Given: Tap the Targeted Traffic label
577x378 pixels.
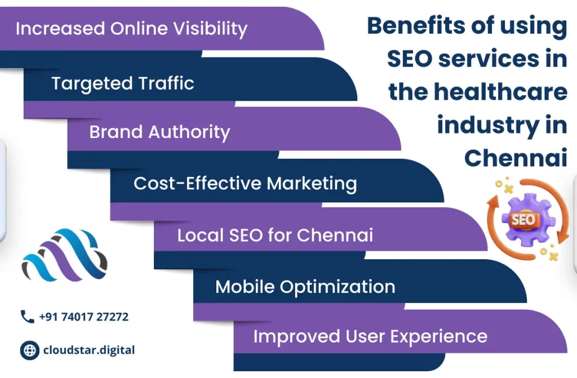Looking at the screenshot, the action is [x=123, y=83].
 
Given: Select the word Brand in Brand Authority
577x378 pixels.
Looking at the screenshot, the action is [x=116, y=132].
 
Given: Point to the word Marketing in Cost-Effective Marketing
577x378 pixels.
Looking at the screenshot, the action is [x=312, y=184].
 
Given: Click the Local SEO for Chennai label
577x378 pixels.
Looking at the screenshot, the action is [x=275, y=235].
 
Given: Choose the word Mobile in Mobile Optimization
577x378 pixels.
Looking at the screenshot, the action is [x=245, y=287].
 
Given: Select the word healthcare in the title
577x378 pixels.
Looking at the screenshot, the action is [x=500, y=92].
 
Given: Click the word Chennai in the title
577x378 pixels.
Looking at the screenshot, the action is [x=516, y=158].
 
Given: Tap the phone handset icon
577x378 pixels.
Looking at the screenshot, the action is [x=27, y=317].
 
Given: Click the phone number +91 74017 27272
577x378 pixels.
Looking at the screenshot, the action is [x=84, y=317].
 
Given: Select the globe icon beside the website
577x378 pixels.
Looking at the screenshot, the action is [x=29, y=350].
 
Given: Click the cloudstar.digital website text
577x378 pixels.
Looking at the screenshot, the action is [x=89, y=350].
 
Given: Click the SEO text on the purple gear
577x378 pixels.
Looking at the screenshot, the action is [x=523, y=220].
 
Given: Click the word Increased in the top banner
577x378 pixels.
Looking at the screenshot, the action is [x=60, y=29].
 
